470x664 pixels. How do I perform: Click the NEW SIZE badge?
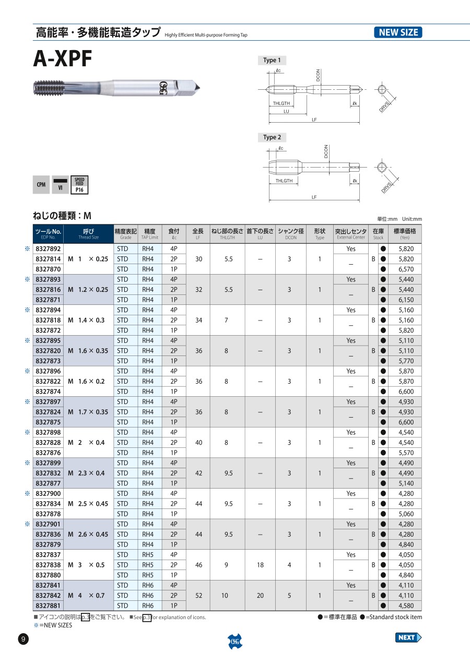(x=398, y=32)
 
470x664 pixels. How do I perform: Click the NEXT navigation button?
(x=408, y=637)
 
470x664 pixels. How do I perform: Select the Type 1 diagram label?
(x=272, y=60)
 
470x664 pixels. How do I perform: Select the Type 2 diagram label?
(x=272, y=137)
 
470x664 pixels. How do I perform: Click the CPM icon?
(x=41, y=185)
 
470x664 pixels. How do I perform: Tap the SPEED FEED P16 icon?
(x=79, y=185)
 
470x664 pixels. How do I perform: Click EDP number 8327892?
(x=48, y=249)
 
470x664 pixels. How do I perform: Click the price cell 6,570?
(x=406, y=269)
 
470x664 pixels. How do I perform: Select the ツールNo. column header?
(x=48, y=233)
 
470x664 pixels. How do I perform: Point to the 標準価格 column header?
(x=405, y=233)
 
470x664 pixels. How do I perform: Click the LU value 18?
(x=260, y=565)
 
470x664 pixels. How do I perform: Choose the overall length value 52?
(x=198, y=596)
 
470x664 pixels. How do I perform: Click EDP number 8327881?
(x=48, y=606)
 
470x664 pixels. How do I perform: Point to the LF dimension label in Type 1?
(x=314, y=120)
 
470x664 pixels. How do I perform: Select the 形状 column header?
(x=320, y=233)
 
